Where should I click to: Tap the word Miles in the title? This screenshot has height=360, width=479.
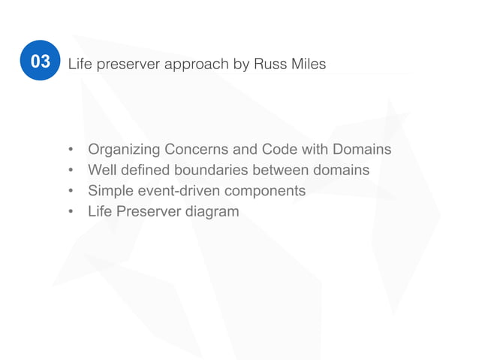click(308, 65)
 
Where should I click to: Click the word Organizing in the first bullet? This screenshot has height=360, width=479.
click(124, 150)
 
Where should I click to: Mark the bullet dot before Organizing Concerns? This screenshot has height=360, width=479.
click(71, 150)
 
